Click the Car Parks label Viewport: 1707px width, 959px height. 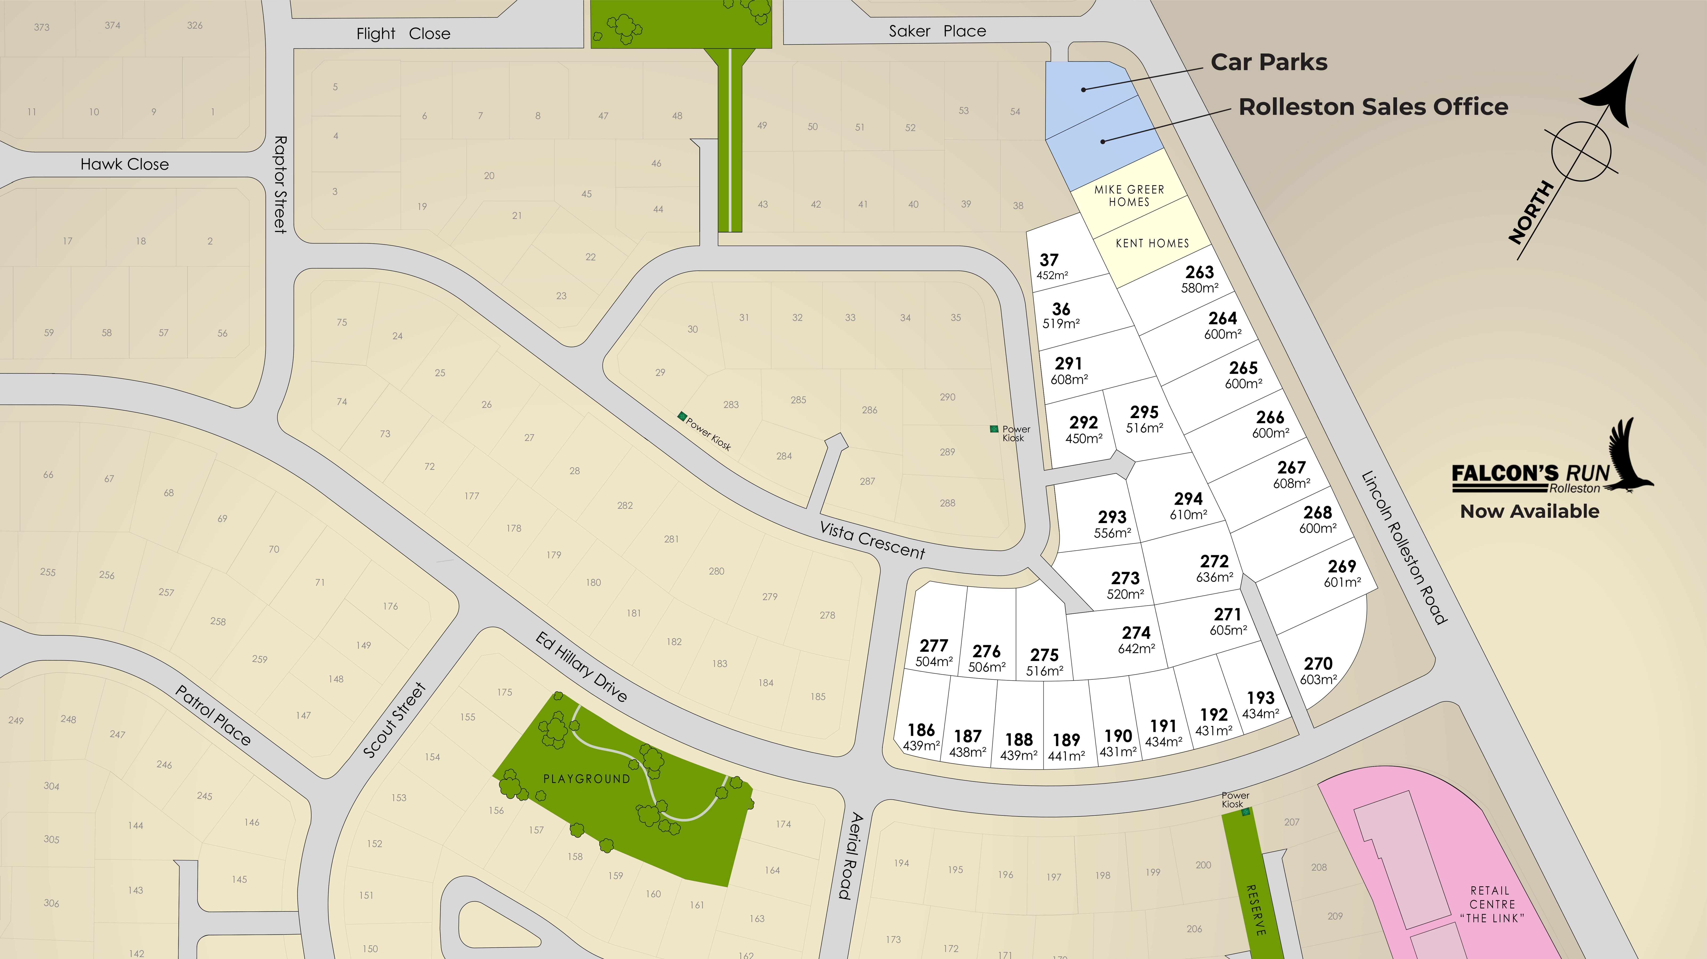1268,62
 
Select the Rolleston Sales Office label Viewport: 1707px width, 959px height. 1373,107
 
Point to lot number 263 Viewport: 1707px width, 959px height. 1199,272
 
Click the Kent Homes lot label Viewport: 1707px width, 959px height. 1152,243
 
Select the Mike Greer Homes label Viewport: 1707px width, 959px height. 1129,196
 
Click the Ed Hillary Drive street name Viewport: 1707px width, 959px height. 581,667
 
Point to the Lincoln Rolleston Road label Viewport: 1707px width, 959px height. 1404,548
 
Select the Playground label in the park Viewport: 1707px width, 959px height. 586,779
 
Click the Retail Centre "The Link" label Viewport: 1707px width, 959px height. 1492,904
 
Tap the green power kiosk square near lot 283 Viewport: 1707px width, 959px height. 681,416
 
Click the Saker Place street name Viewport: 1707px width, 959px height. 937,31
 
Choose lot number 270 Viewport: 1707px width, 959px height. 1318,663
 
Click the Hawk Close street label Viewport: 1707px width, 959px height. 125,164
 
